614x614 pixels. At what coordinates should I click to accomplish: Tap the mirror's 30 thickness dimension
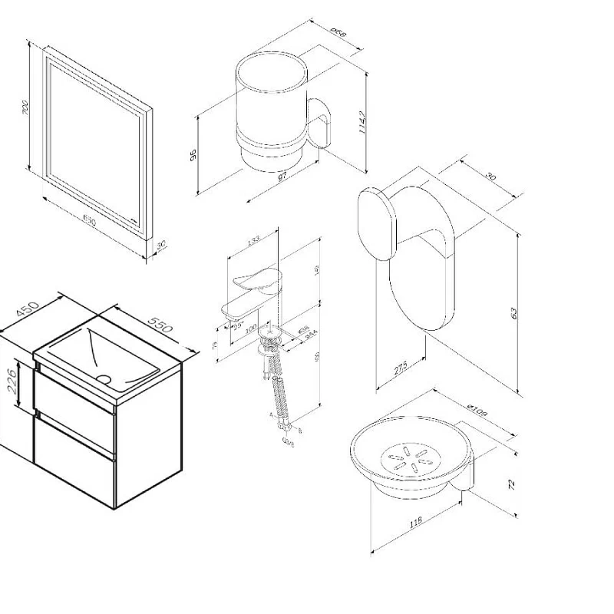pos(160,245)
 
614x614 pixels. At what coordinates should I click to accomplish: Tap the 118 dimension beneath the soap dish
pos(415,523)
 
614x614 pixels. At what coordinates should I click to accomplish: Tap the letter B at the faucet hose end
pos(299,431)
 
